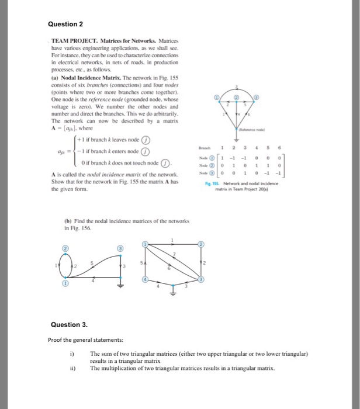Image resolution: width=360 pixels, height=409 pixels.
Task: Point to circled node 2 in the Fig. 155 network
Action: (237, 96)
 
